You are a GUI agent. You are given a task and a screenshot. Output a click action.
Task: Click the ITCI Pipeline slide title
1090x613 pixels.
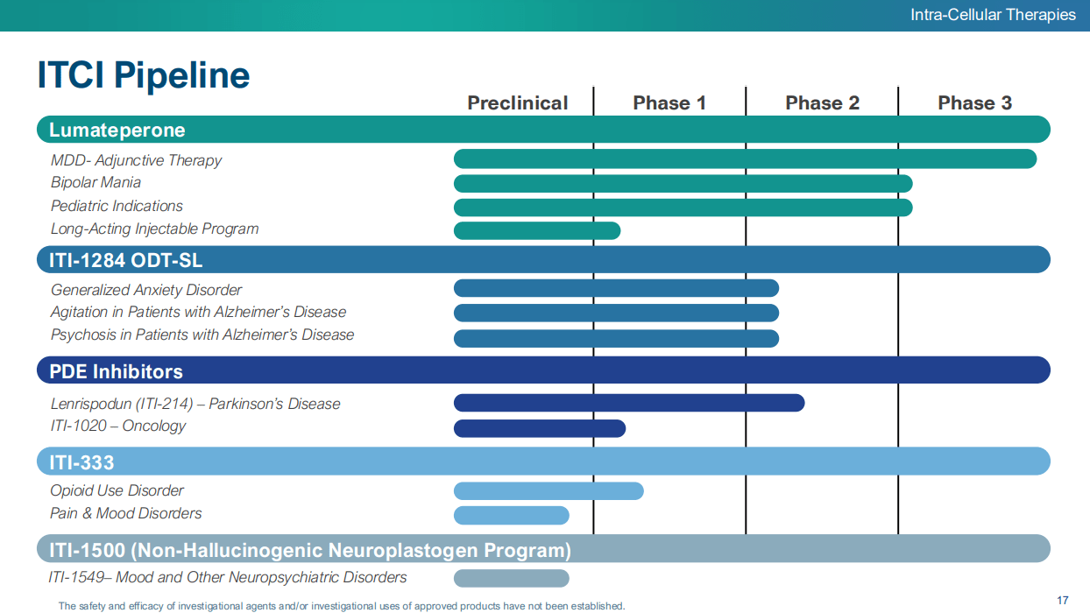coord(143,75)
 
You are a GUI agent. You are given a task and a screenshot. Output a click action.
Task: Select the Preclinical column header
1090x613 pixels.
coord(517,103)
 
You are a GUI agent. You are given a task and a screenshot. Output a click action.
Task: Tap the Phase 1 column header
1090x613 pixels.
coord(669,103)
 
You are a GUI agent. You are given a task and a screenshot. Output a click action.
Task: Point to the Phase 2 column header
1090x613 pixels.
coord(822,103)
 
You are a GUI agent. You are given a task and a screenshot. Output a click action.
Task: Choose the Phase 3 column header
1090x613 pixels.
coord(974,103)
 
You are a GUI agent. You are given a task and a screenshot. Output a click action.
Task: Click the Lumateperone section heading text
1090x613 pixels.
coord(117,130)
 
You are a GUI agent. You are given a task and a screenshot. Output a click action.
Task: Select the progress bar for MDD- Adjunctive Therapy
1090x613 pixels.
coord(745,159)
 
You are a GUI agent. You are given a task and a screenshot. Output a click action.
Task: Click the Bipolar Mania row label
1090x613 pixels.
coord(96,182)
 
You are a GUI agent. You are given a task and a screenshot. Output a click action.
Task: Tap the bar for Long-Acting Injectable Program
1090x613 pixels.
coord(536,230)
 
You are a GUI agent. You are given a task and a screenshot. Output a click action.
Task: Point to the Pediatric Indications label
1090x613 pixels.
coord(117,206)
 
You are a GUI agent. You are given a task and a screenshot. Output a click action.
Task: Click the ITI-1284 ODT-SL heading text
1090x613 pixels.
coord(125,260)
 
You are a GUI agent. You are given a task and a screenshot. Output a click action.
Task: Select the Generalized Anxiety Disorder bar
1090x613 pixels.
coord(616,288)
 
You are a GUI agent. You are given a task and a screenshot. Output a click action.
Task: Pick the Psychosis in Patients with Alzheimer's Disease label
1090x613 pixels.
coord(202,335)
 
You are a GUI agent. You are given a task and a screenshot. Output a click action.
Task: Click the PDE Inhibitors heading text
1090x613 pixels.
coord(116,371)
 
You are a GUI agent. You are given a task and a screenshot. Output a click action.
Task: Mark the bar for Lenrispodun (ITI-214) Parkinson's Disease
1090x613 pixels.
coord(628,403)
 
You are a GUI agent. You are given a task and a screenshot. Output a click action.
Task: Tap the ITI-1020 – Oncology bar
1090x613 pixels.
coord(539,428)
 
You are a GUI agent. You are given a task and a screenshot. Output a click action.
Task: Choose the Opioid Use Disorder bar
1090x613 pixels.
coord(548,491)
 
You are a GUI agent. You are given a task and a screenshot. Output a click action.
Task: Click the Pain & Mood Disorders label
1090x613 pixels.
coord(125,513)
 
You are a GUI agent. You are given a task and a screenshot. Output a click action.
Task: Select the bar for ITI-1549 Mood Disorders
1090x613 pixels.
coord(511,578)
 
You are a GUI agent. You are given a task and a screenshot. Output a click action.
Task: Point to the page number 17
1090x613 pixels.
coord(1063,600)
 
